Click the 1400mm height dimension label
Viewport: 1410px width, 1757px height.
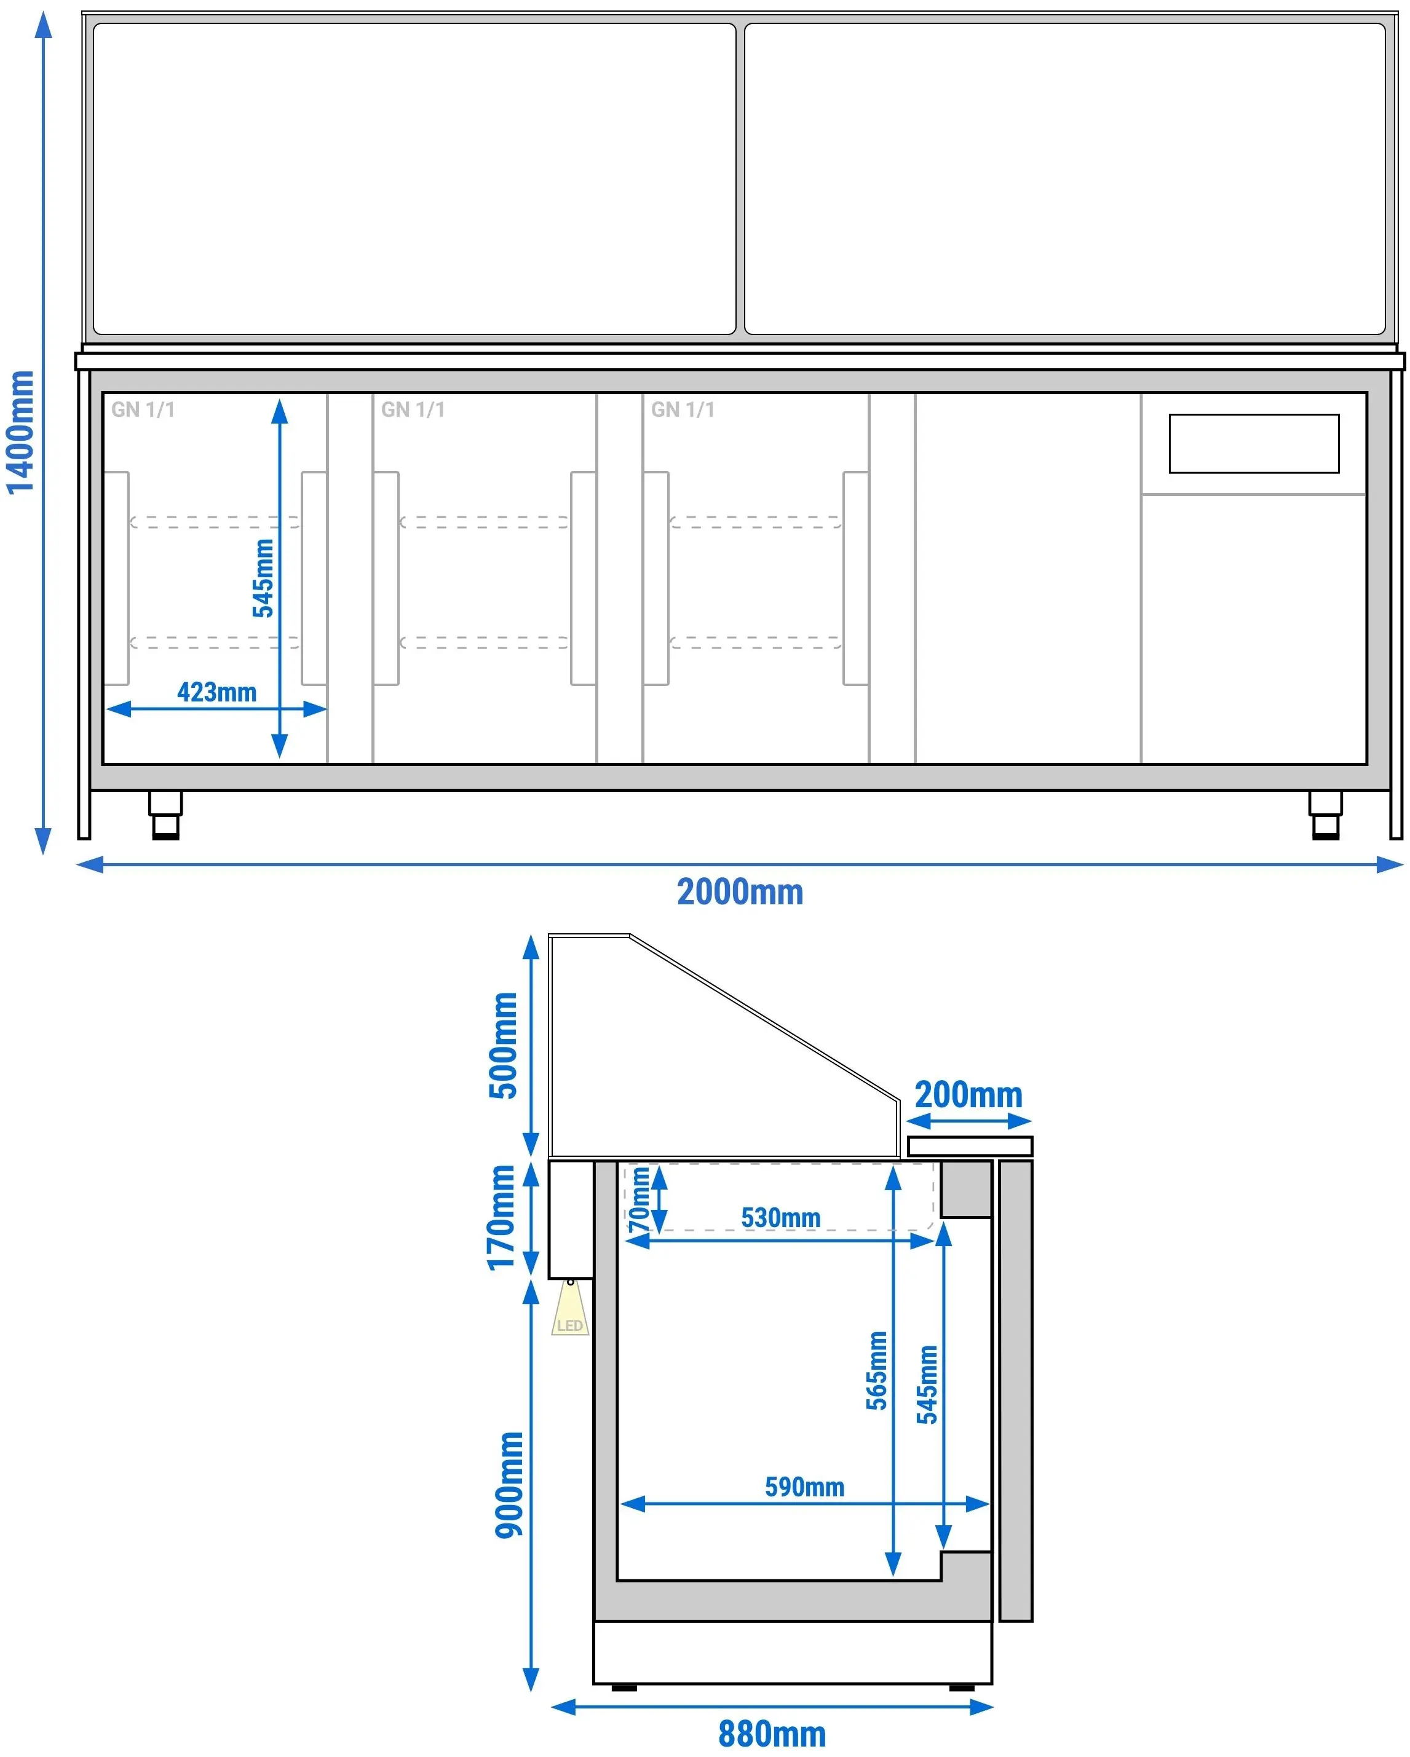pos(20,432)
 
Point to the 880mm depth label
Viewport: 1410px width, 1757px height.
pos(772,1735)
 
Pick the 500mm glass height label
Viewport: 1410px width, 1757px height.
pos(504,1046)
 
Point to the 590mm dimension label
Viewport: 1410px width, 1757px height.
pos(804,1487)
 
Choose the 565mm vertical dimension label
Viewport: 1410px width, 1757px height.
pos(876,1371)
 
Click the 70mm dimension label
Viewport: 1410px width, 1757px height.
pos(640,1199)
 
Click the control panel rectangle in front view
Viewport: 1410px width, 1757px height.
pos(1254,443)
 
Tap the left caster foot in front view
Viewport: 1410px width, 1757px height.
pos(165,815)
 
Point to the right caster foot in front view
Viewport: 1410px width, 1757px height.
pos(1325,815)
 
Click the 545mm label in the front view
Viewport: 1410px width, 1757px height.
pos(263,578)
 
